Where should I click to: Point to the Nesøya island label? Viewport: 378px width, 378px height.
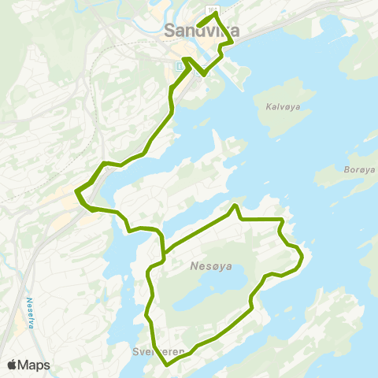pos(211,266)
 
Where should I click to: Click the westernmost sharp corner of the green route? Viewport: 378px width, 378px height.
pos(76,191)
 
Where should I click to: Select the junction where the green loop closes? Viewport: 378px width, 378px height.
pos(164,253)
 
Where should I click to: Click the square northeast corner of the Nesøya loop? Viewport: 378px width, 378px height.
pos(283,218)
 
